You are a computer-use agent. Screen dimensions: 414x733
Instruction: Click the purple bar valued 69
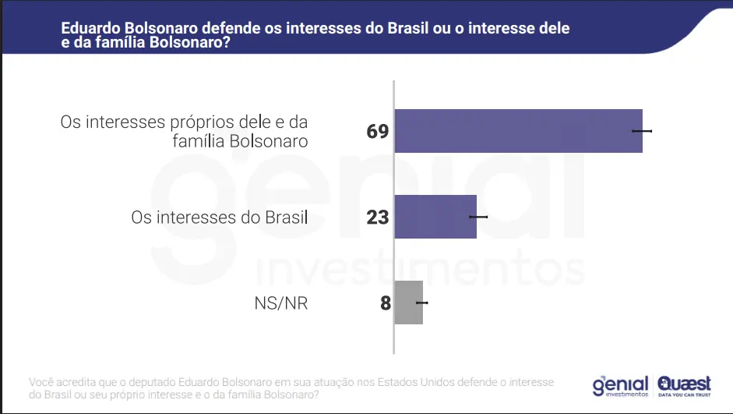point(518,131)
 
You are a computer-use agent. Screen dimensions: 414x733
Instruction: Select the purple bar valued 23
point(435,216)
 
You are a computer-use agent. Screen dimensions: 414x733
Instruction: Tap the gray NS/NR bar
point(408,303)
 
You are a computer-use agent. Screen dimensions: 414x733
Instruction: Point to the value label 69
point(378,131)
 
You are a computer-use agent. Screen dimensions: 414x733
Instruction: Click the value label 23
point(378,217)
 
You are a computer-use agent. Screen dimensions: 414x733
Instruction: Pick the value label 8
point(385,303)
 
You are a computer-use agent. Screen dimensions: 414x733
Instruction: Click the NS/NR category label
point(281,303)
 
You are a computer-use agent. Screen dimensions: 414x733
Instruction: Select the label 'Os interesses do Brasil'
point(220,217)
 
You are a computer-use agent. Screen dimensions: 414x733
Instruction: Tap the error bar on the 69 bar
point(642,131)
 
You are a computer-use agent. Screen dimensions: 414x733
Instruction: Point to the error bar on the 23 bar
point(478,216)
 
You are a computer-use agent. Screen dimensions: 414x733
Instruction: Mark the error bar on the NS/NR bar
point(421,303)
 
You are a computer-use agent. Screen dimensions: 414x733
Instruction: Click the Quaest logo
point(684,383)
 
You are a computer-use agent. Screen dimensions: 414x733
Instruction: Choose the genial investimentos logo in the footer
point(620,386)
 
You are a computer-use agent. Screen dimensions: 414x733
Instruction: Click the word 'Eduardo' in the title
point(90,28)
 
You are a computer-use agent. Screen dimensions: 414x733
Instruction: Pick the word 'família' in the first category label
point(198,141)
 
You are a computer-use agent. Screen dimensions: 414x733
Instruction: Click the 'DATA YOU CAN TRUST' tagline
point(684,395)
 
